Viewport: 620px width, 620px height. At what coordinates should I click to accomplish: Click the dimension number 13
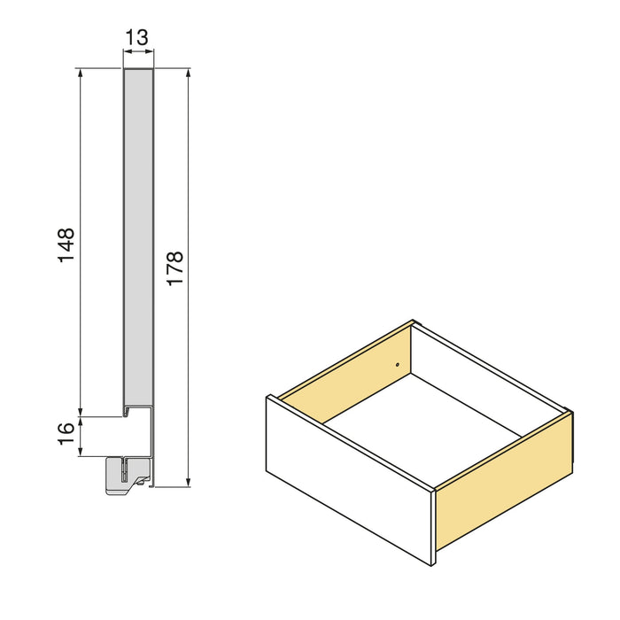click(x=137, y=37)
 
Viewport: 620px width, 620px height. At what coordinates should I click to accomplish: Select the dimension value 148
click(x=66, y=245)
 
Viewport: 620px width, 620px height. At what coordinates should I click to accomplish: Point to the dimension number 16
click(x=66, y=434)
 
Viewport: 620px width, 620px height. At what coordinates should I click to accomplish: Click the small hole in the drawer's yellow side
click(x=398, y=365)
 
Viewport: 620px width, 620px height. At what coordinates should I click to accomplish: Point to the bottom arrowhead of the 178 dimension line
click(x=189, y=482)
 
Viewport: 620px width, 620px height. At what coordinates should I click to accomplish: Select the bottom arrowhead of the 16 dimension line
click(x=81, y=453)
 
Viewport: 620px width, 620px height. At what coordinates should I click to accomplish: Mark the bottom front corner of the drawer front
click(x=431, y=566)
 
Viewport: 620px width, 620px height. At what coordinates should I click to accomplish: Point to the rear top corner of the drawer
click(x=414, y=322)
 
